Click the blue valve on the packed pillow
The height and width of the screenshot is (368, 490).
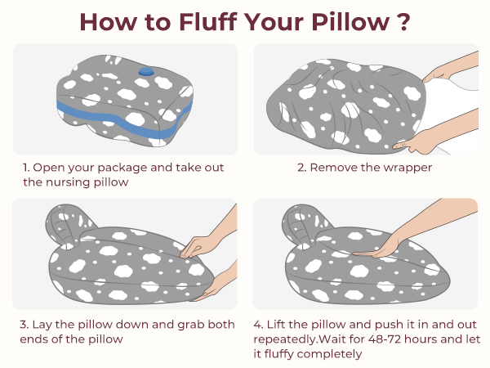146,73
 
